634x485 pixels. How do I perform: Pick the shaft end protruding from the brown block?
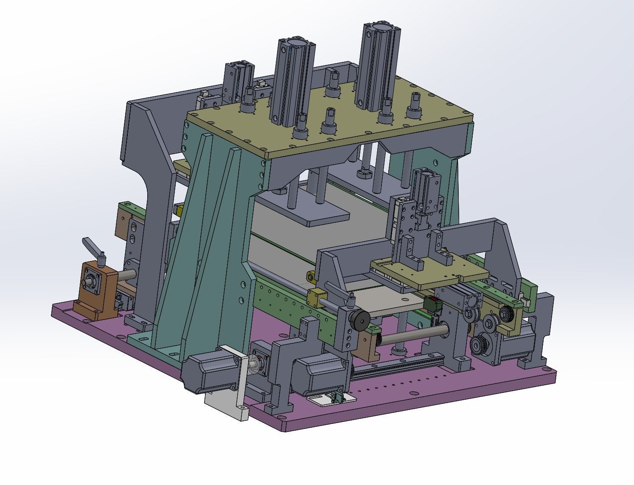coord(90,281)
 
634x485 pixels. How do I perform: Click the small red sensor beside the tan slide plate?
coord(432,304)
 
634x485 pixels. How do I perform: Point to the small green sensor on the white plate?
coord(337,397)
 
